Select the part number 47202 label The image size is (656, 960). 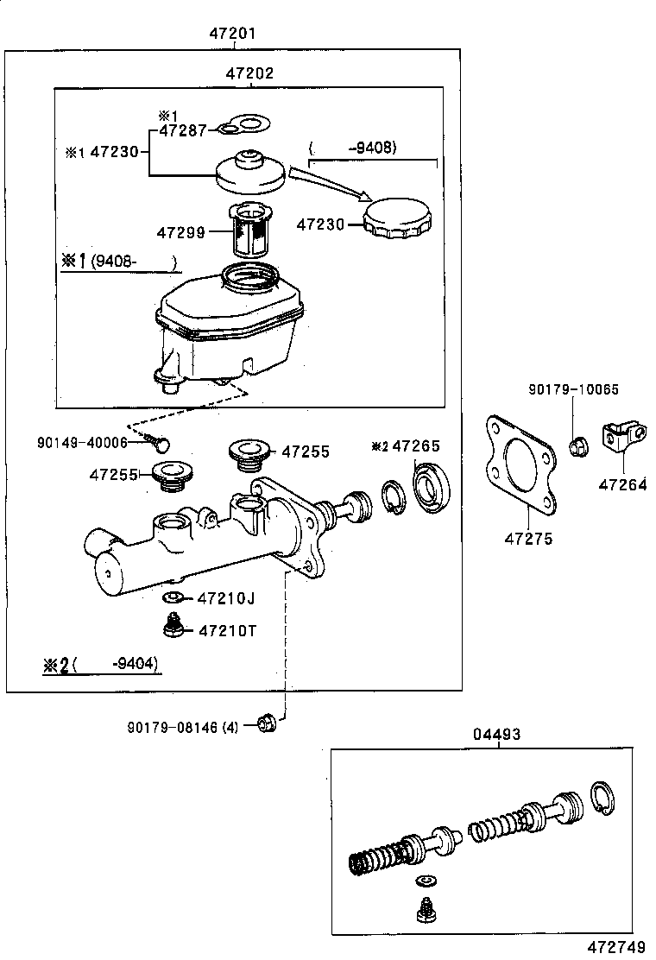pos(249,73)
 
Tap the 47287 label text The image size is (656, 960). pos(182,130)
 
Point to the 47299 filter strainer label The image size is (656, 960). pos(180,232)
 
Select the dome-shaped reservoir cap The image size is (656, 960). pos(249,173)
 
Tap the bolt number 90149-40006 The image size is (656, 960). pos(82,442)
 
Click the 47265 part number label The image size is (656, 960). pos(416,445)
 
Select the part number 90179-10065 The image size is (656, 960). pos(574,390)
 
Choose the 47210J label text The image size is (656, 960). pos(227,598)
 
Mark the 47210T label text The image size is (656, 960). pos(227,630)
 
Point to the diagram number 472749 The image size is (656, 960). pos(617,947)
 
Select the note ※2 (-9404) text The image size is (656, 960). pos(101,665)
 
